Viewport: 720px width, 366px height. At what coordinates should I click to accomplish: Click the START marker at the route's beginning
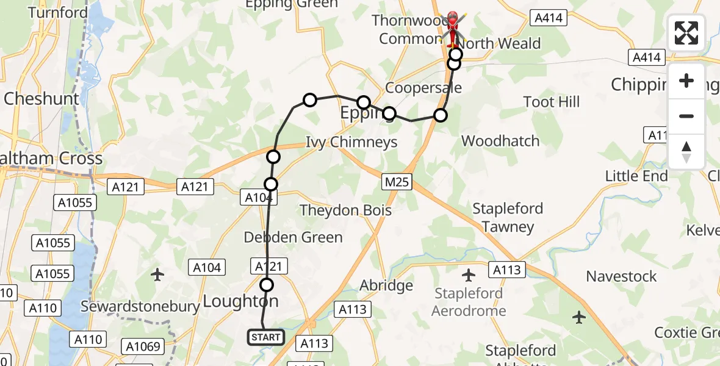pos(266,337)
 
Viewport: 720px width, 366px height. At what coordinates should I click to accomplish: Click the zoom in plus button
pos(686,81)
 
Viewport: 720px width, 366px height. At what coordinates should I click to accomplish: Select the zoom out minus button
pos(686,116)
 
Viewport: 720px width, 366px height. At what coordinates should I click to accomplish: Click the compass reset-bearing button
pos(686,151)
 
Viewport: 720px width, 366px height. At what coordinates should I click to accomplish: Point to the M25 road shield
pos(398,181)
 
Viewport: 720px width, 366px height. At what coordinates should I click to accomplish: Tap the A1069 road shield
pos(143,347)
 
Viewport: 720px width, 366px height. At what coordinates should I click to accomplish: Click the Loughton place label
pos(240,301)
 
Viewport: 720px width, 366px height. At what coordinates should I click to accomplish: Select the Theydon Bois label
pos(345,210)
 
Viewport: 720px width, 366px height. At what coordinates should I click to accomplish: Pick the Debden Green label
pos(293,237)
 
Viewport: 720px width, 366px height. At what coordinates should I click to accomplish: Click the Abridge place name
pos(386,285)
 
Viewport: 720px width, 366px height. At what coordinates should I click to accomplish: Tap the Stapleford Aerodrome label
pos(469,302)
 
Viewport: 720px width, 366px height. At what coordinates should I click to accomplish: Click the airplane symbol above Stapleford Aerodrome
pos(469,275)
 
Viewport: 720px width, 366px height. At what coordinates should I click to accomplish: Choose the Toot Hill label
pos(552,102)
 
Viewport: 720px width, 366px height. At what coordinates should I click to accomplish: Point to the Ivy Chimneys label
pos(351,142)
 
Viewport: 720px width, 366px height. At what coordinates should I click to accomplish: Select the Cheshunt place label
pos(41,99)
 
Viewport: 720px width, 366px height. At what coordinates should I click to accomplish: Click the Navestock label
pos(621,276)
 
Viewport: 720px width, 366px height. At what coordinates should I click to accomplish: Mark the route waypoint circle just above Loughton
pos(267,284)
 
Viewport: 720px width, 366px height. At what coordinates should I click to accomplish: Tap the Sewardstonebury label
pos(140,306)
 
